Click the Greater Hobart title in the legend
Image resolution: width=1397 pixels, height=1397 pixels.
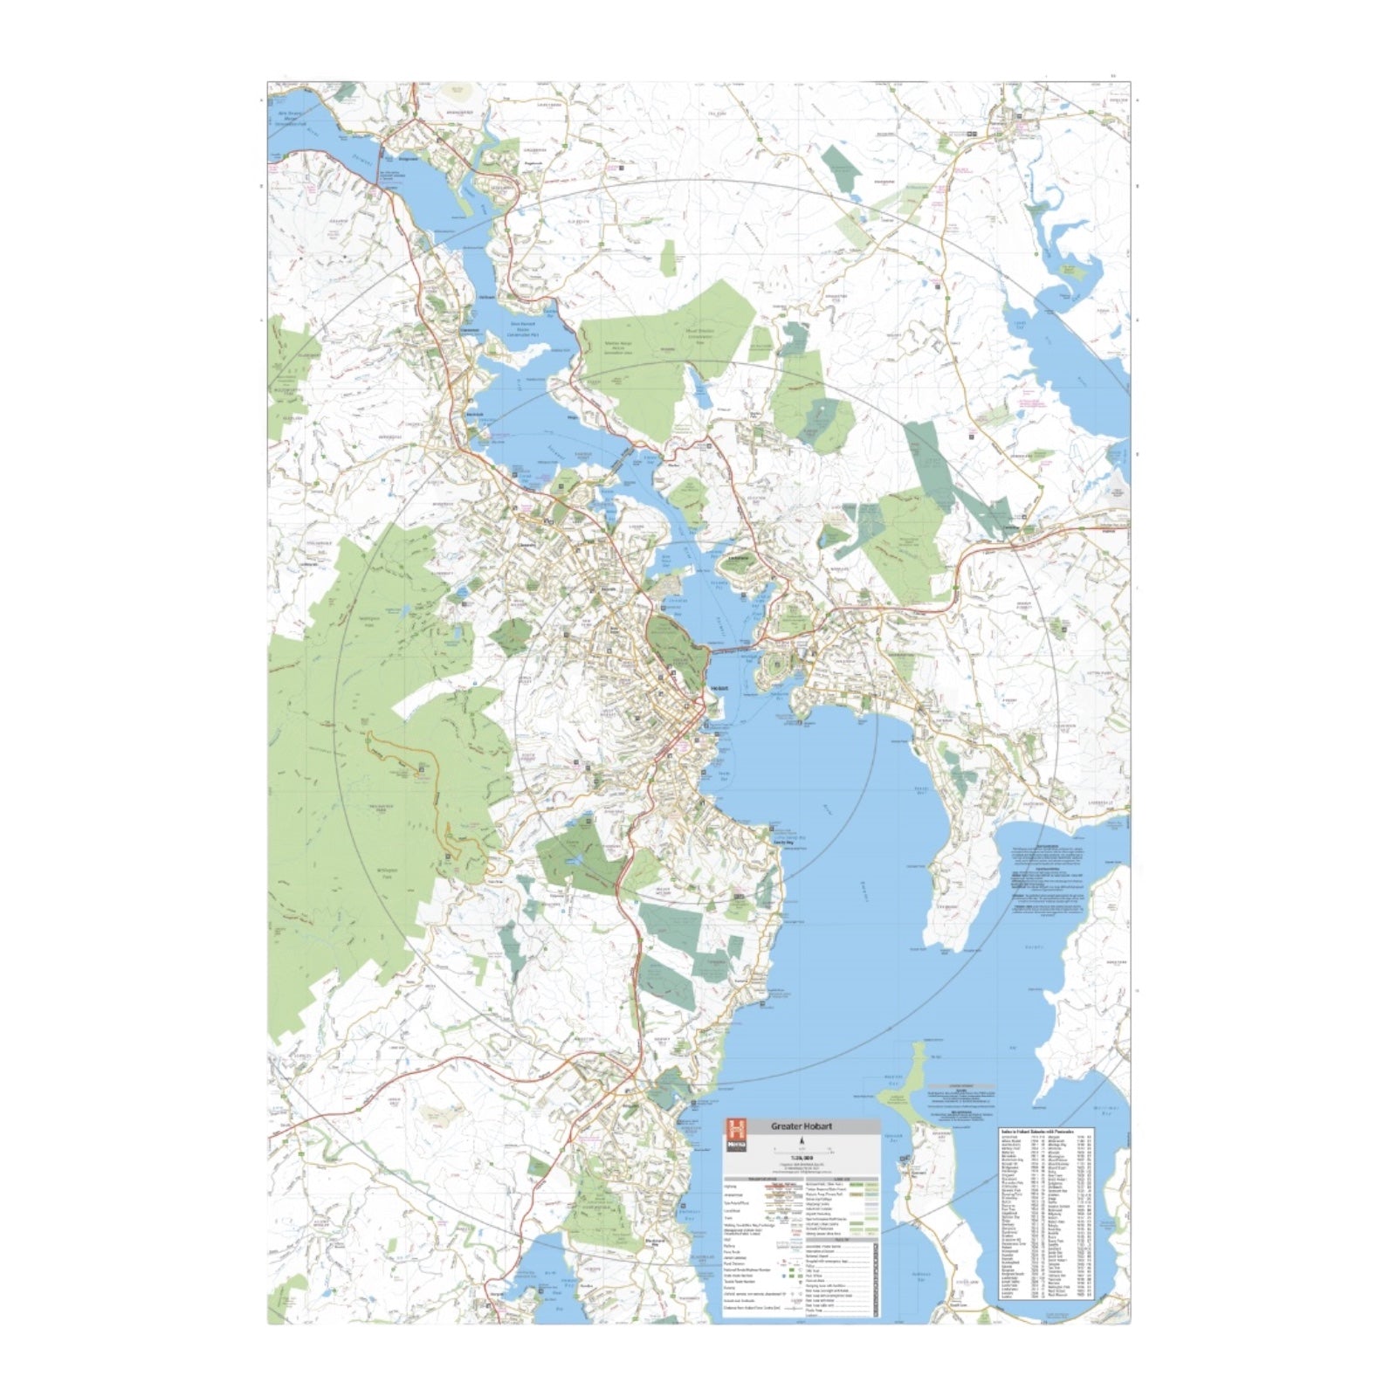(801, 1127)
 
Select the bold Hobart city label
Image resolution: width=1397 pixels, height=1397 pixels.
(719, 688)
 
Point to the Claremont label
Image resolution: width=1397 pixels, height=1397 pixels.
(471, 329)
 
